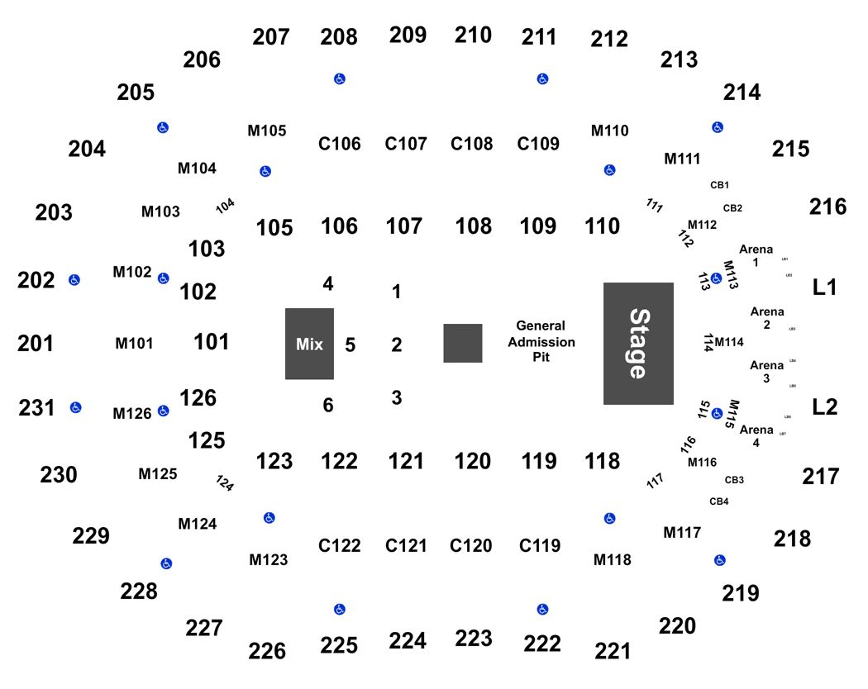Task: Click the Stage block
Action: [x=638, y=344]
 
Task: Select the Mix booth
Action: [x=309, y=344]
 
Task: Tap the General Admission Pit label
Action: [x=541, y=342]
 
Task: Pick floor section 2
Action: [x=397, y=344]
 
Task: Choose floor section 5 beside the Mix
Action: [x=350, y=344]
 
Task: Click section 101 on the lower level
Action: [x=210, y=340]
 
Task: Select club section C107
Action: [x=407, y=144]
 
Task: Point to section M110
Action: [x=610, y=131]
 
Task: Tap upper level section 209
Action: [x=408, y=35]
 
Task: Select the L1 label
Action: [x=825, y=287]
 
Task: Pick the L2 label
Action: [x=825, y=406]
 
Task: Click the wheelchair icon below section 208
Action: [x=339, y=78]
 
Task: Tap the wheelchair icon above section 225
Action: [x=339, y=609]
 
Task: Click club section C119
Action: [x=540, y=545]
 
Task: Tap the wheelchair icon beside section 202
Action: [x=74, y=280]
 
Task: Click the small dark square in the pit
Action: [x=463, y=343]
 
